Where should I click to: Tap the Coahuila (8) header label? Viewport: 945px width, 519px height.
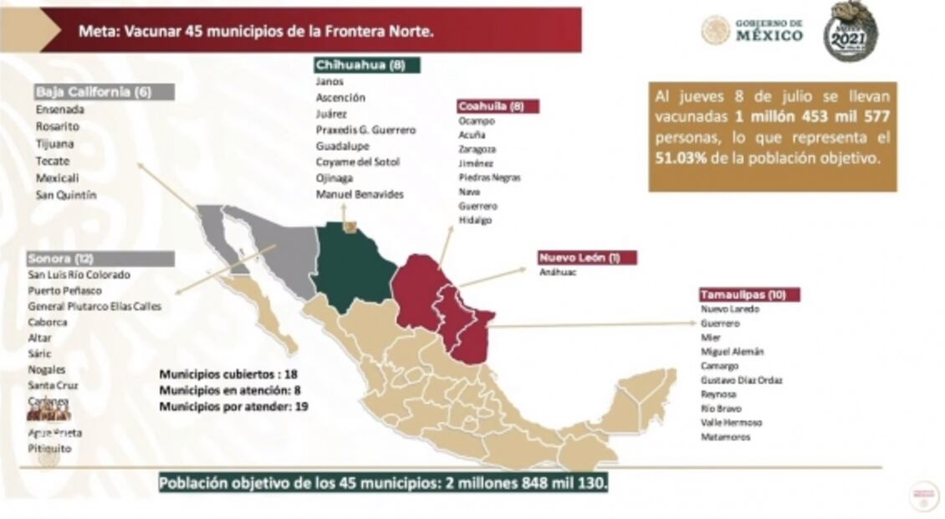point(497,106)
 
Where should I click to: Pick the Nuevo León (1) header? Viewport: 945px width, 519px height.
point(586,257)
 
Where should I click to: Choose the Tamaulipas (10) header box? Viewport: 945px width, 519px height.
point(749,294)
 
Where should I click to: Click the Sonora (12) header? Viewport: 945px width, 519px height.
point(100,259)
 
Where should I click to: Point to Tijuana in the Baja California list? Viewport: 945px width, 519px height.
point(54,143)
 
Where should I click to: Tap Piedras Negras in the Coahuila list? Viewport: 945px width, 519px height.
point(489,177)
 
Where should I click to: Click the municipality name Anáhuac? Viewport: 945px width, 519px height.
point(558,272)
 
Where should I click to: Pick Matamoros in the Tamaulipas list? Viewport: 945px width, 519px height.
point(726,437)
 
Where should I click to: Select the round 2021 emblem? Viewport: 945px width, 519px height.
point(850,31)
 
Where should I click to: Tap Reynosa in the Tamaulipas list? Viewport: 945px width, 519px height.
point(719,393)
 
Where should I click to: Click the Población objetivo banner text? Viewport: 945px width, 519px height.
point(383,483)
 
